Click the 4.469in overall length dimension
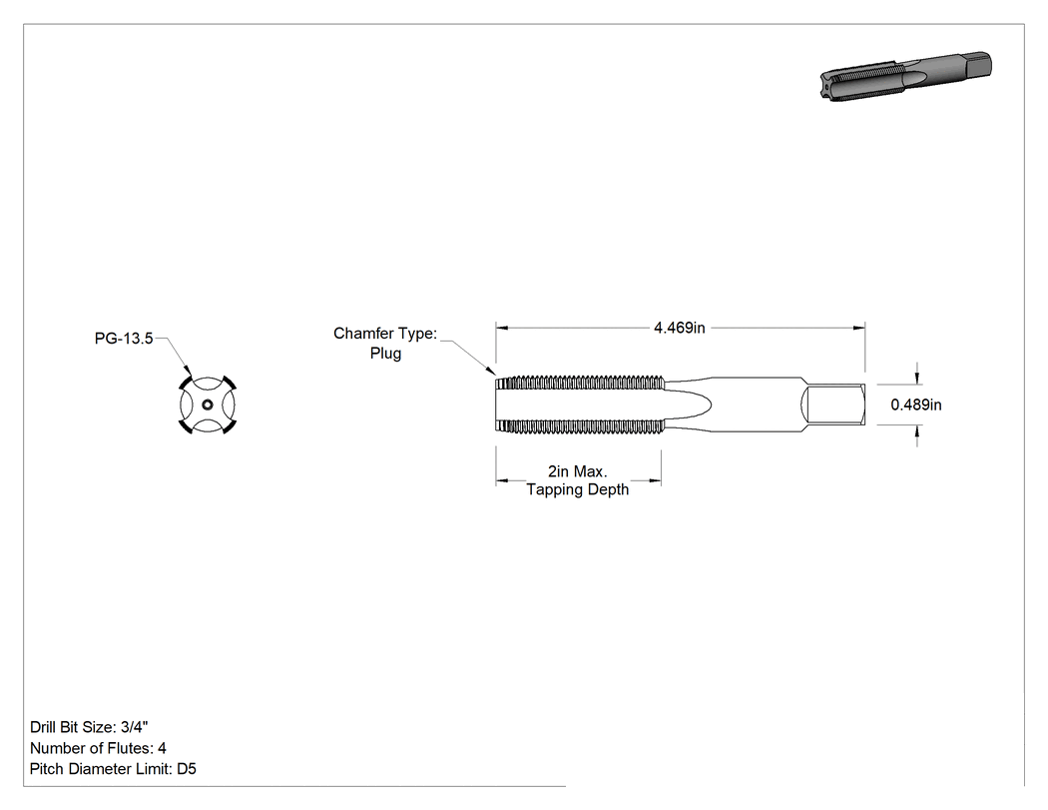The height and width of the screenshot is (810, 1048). pyautogui.click(x=679, y=328)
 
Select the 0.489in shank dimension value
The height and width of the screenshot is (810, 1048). pyautogui.click(x=915, y=405)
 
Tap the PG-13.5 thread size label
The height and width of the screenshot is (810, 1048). pyautogui.click(x=124, y=339)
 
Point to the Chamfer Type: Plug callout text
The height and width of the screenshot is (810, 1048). pyautogui.click(x=385, y=344)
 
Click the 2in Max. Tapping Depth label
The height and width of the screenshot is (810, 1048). pyautogui.click(x=578, y=480)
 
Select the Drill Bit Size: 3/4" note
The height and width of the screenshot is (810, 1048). pyautogui.click(x=89, y=727)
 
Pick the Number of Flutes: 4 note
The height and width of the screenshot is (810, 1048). pyautogui.click(x=98, y=748)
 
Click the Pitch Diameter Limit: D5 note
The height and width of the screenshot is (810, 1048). pyautogui.click(x=113, y=769)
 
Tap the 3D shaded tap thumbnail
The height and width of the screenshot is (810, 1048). pyautogui.click(x=905, y=76)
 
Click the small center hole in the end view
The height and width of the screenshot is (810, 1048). pyautogui.click(x=208, y=405)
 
